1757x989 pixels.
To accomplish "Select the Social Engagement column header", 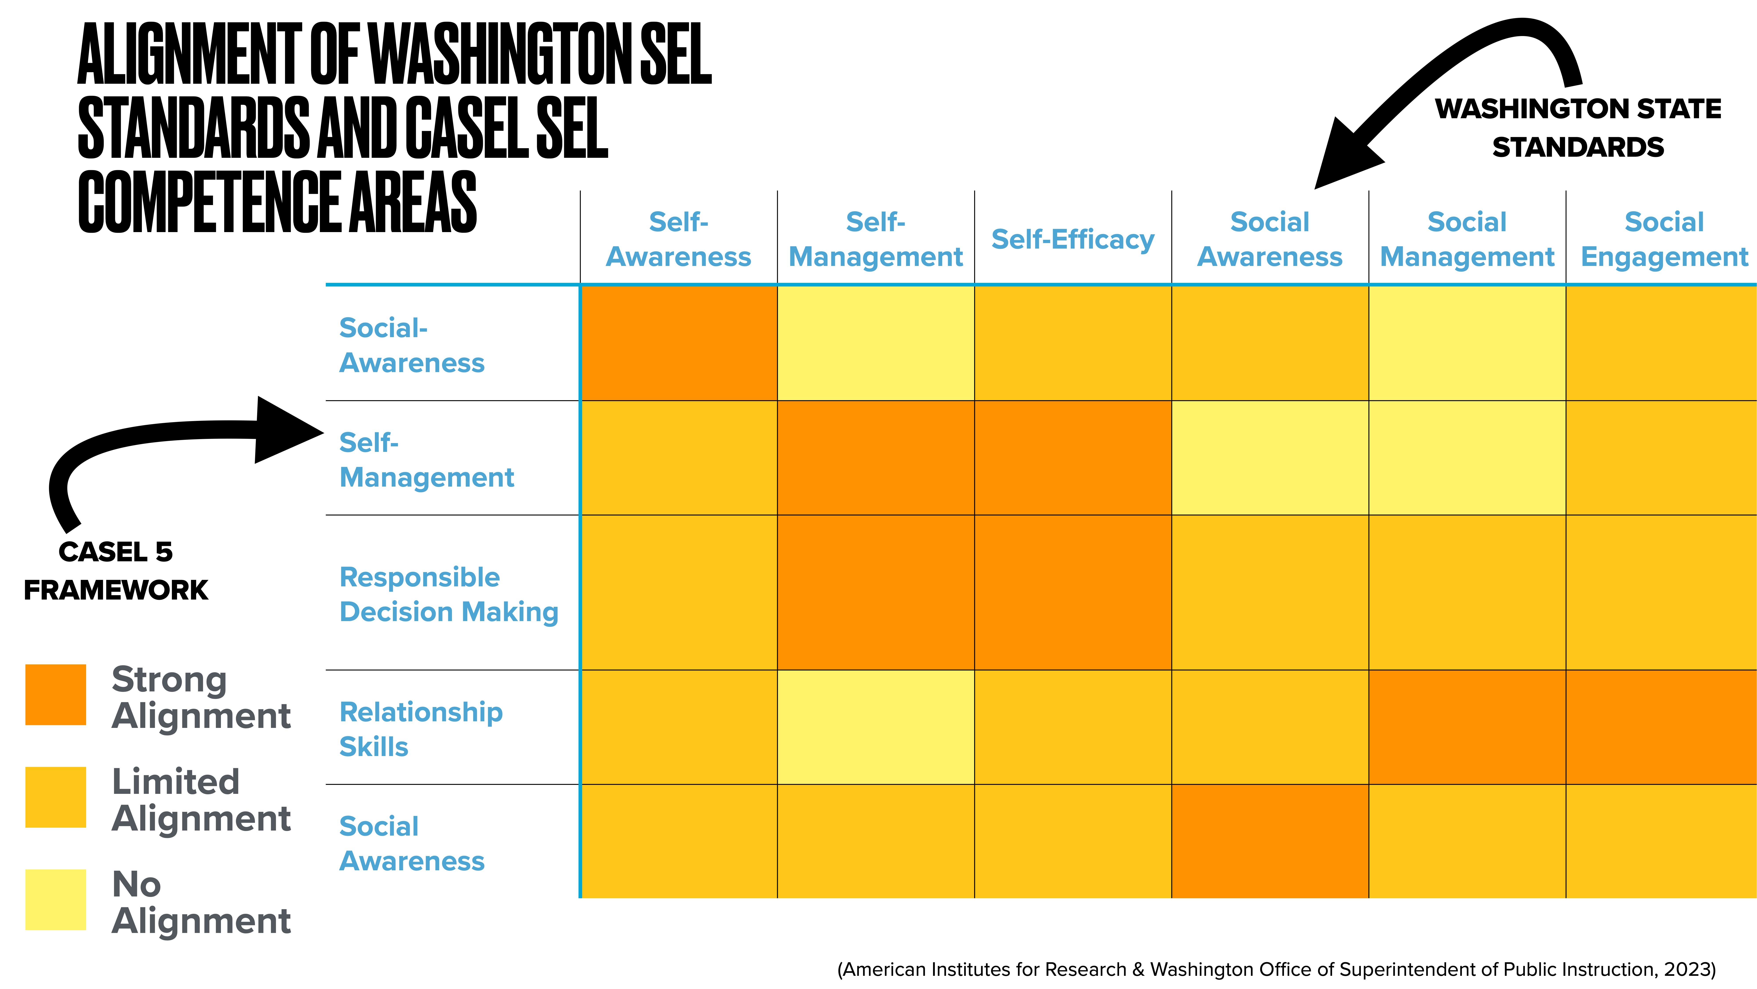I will tap(1664, 240).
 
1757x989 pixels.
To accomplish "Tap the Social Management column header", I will tap(1467, 240).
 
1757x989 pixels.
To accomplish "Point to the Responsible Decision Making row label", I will tap(449, 594).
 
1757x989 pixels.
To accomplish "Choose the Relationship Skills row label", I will tap(421, 729).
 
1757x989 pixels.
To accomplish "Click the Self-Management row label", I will tap(426, 460).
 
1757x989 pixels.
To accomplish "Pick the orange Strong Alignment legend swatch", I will tap(56, 694).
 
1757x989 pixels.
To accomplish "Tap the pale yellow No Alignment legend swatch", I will tap(56, 899).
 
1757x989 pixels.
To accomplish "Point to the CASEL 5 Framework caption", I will tap(116, 571).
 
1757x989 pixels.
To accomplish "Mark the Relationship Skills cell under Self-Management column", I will tap(876, 727).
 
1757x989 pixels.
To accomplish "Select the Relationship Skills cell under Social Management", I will tap(1467, 727).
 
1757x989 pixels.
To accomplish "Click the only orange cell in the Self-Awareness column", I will tap(679, 343).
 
